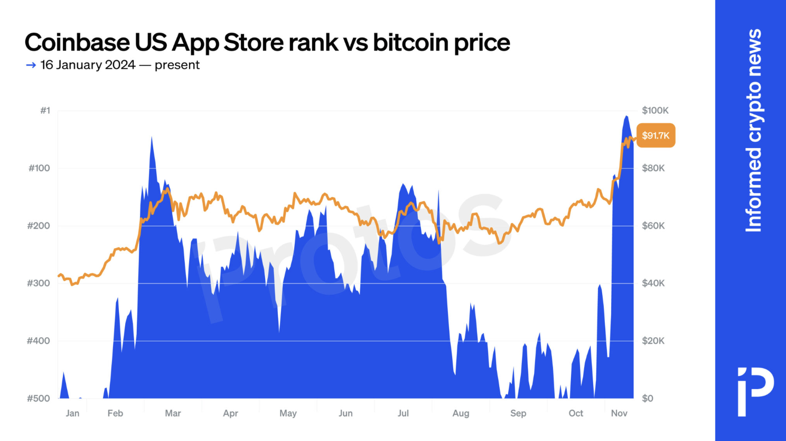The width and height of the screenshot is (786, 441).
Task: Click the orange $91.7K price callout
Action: tap(656, 136)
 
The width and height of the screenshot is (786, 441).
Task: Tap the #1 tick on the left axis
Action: tap(45, 111)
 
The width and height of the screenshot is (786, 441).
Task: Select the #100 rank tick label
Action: tap(39, 168)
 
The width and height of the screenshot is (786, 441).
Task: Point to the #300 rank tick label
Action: tap(39, 283)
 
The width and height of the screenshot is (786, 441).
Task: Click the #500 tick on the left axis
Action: tap(39, 399)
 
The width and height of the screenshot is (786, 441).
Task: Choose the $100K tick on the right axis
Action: tap(655, 111)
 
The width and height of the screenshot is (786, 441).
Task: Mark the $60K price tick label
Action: tap(653, 226)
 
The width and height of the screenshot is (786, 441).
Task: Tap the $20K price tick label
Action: tap(653, 341)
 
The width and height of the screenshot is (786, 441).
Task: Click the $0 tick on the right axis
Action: tap(648, 399)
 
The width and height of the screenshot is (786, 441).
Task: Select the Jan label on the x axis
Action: tap(72, 414)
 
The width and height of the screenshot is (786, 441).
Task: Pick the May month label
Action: tap(288, 414)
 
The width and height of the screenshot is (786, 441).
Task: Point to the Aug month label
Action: tap(461, 414)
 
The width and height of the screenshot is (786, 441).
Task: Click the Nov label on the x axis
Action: tap(619, 414)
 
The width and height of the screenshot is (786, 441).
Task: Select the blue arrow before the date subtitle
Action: tap(31, 65)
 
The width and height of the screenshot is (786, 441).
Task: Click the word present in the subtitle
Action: tap(177, 65)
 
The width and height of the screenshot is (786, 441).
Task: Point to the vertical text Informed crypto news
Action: tap(754, 131)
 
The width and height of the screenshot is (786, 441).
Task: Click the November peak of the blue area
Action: tap(626, 117)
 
